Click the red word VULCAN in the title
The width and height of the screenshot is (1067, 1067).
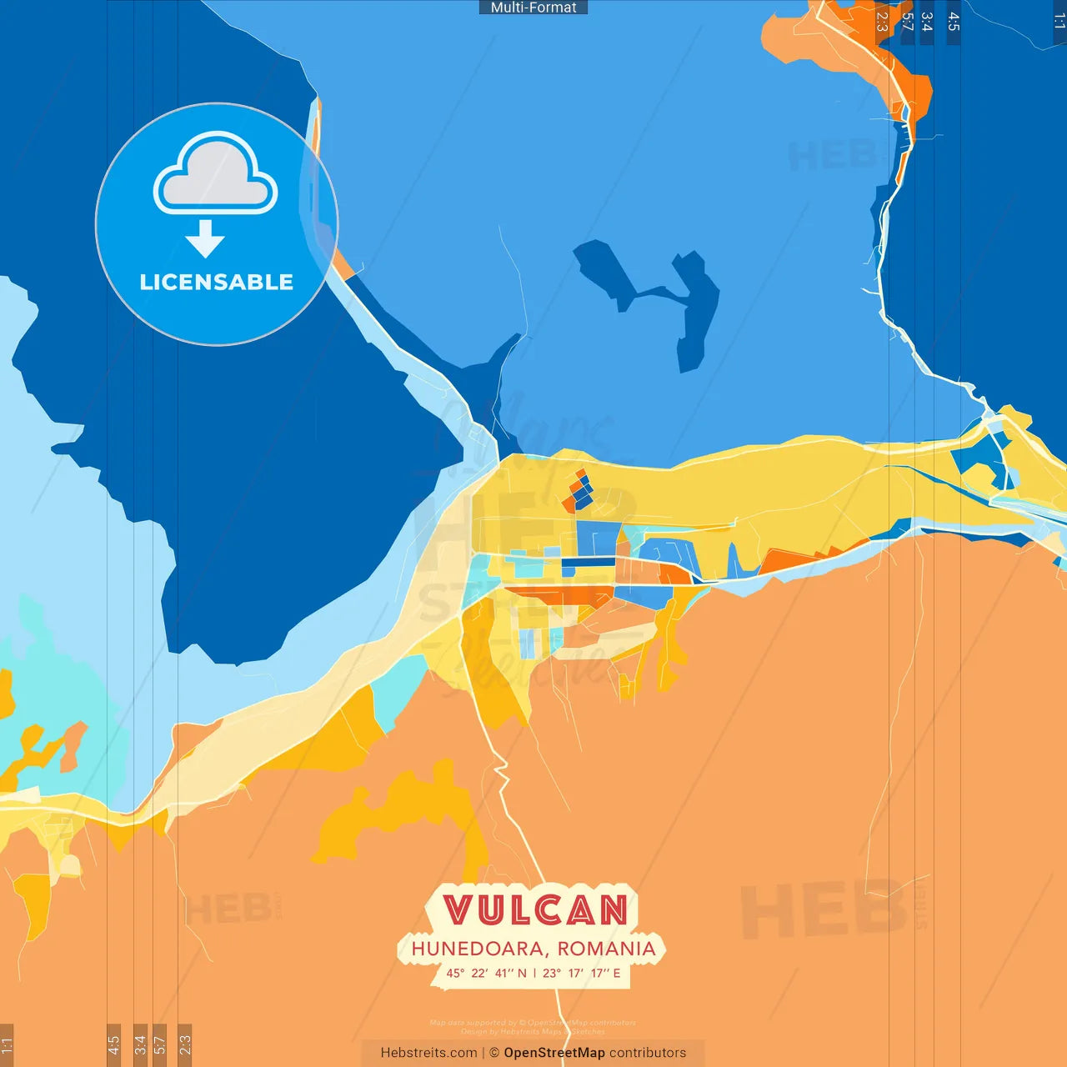535,909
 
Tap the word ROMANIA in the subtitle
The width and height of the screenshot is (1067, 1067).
606,949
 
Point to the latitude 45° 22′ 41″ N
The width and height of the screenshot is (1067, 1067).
486,973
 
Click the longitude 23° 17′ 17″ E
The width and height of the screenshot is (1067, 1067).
581,973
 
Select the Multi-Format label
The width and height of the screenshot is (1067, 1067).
533,8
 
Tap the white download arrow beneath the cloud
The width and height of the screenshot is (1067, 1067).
205,239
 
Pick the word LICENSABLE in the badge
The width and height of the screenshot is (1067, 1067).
216,283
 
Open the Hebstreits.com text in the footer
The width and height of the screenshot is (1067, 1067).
428,1053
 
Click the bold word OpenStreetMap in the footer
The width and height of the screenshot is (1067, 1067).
554,1053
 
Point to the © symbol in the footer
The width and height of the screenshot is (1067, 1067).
494,1053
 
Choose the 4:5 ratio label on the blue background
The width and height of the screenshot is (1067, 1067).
954,22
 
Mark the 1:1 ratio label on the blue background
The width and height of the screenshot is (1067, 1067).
1059,22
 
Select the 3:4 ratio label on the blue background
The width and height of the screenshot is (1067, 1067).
927,22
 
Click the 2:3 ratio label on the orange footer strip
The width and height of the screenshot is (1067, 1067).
185,1044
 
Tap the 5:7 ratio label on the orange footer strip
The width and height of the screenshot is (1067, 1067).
159,1044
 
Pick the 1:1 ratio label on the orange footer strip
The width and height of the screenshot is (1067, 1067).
7,1044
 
